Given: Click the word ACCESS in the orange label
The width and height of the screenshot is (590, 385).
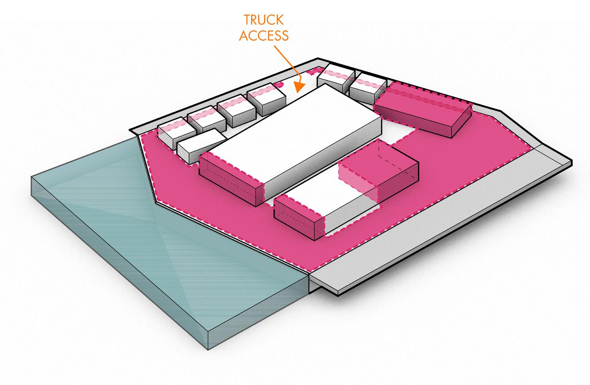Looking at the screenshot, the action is click(x=264, y=35).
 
